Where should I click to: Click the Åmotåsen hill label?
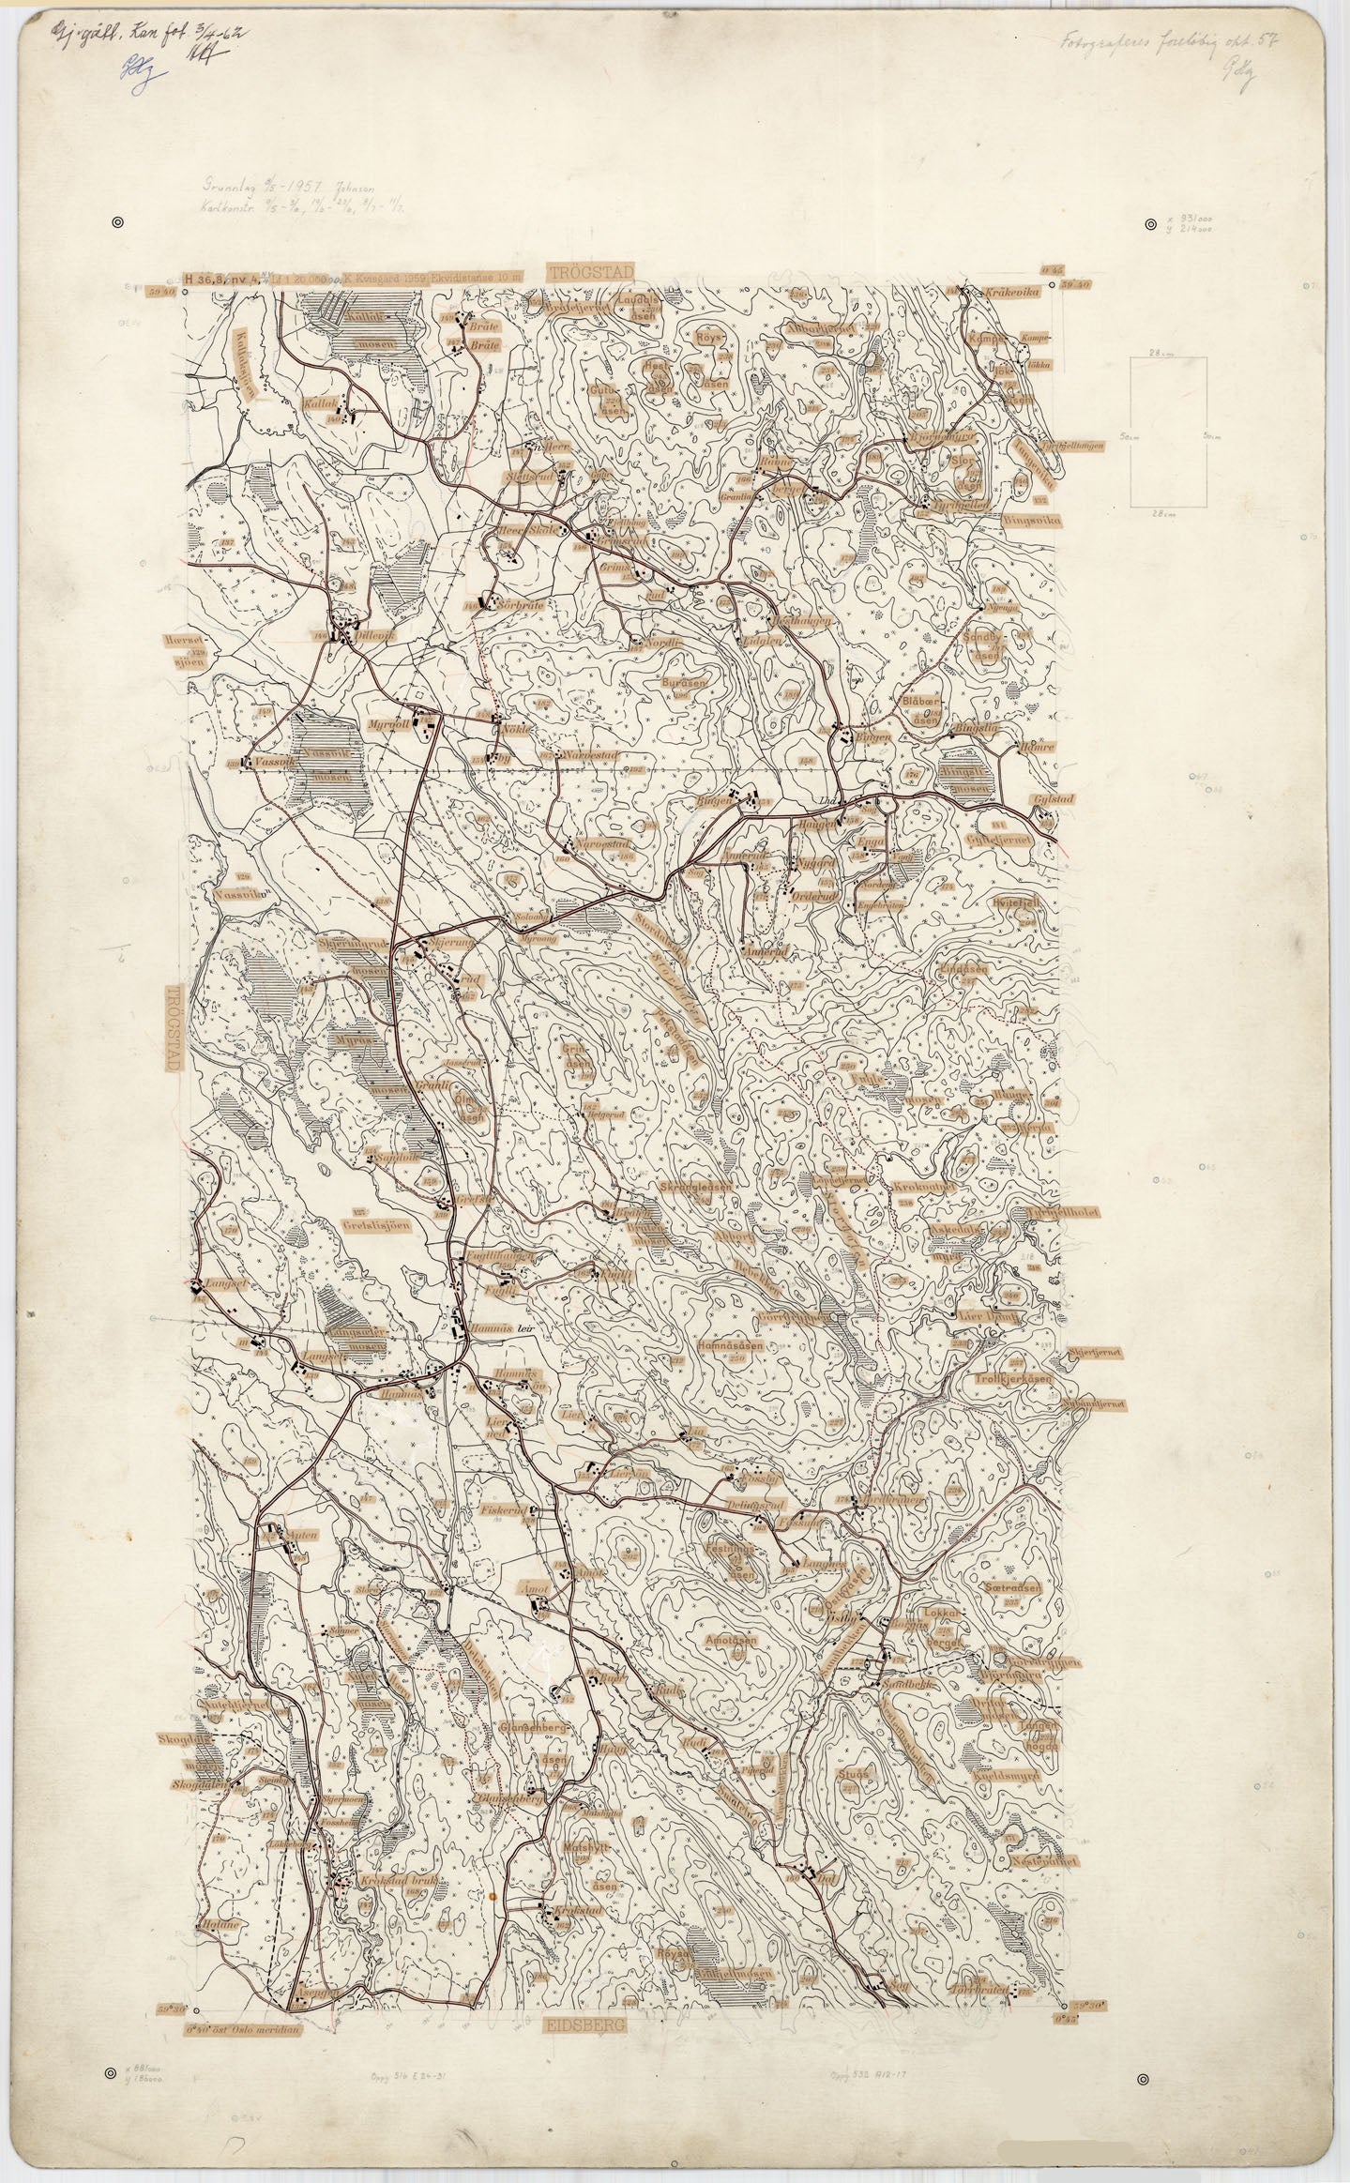point(735,1641)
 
